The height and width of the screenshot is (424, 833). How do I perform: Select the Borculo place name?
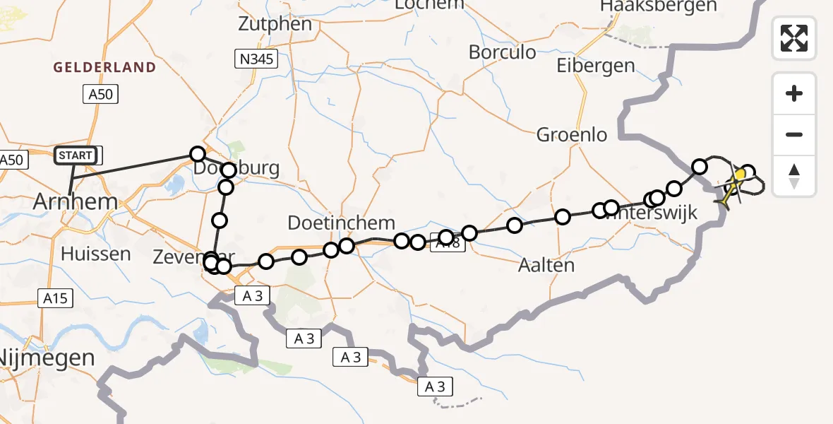[x=502, y=52]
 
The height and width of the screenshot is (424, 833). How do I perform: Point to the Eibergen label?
[x=596, y=66]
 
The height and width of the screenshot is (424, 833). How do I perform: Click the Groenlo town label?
[x=572, y=134]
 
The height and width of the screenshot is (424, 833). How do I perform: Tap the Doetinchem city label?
[x=341, y=223]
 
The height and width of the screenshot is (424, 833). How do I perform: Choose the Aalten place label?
[x=546, y=265]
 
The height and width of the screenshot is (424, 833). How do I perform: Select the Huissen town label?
[x=96, y=254]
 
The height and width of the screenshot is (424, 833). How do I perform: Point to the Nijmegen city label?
[x=47, y=357]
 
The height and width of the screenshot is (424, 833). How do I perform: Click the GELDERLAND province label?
[x=104, y=68]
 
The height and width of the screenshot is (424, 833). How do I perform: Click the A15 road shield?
[x=54, y=298]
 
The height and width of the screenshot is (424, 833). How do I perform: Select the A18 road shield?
[x=452, y=243]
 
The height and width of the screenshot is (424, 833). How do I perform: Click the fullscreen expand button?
[x=794, y=37]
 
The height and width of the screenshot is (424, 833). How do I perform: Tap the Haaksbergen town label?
[x=658, y=6]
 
